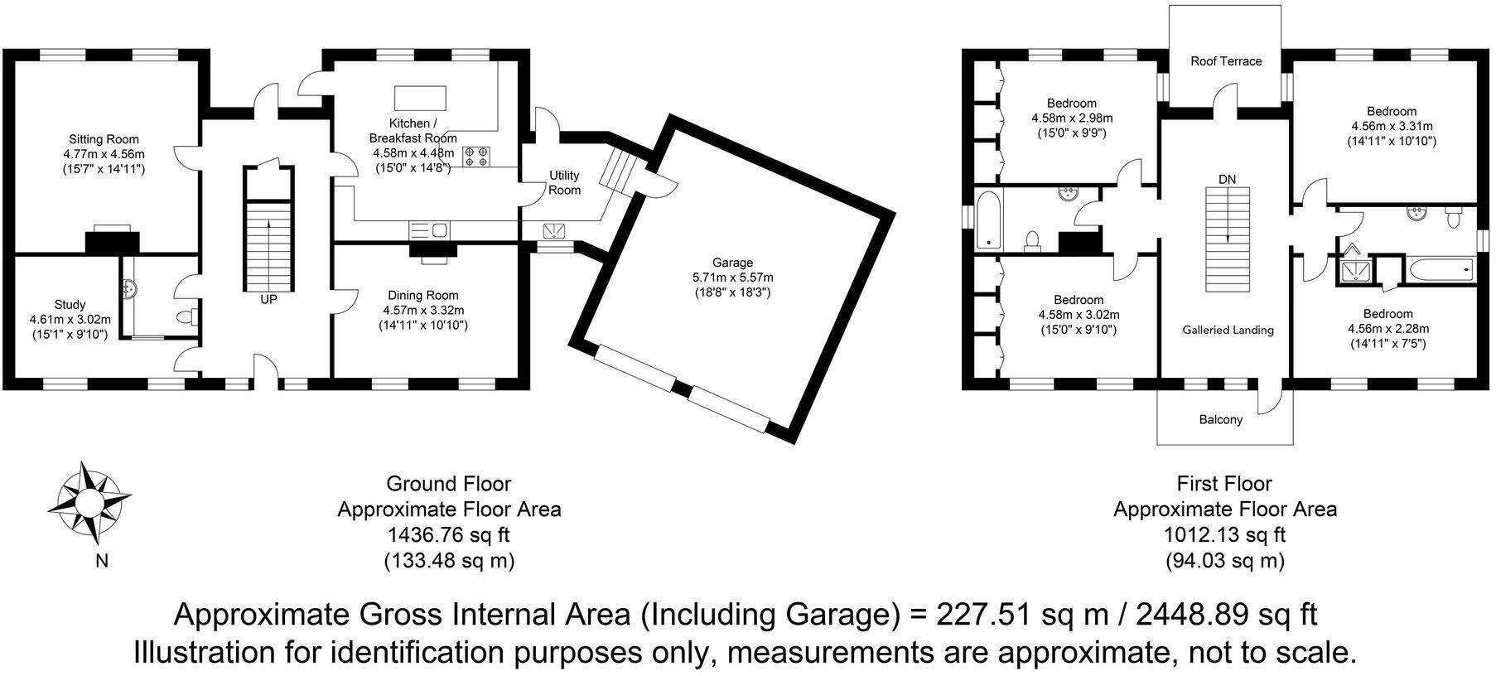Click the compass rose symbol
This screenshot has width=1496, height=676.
89,500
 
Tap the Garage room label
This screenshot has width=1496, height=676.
732,263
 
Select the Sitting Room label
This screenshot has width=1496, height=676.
104,139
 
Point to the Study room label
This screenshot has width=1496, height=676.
70,305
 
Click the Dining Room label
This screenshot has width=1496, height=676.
422,295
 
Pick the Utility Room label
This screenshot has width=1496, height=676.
564,182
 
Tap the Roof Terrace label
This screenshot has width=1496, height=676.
1225,61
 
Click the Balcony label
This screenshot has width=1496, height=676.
1220,420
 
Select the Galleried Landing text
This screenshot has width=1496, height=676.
1227,330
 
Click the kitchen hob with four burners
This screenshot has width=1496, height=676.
475,157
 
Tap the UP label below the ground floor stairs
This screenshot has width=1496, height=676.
268,300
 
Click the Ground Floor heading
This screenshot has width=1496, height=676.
449,484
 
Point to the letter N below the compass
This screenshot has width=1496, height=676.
102,562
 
